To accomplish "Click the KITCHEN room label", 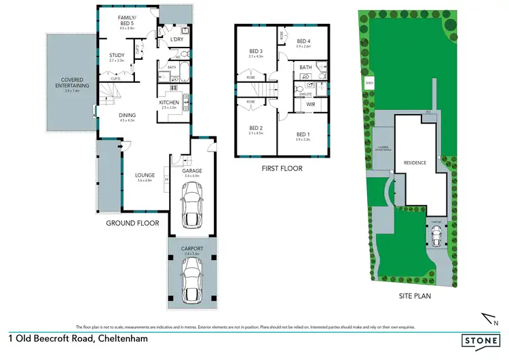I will (168, 103).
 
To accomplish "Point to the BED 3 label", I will (254, 51).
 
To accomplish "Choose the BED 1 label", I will (303, 134).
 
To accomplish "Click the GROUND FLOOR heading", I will (133, 223).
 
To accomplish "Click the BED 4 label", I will (303, 41).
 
